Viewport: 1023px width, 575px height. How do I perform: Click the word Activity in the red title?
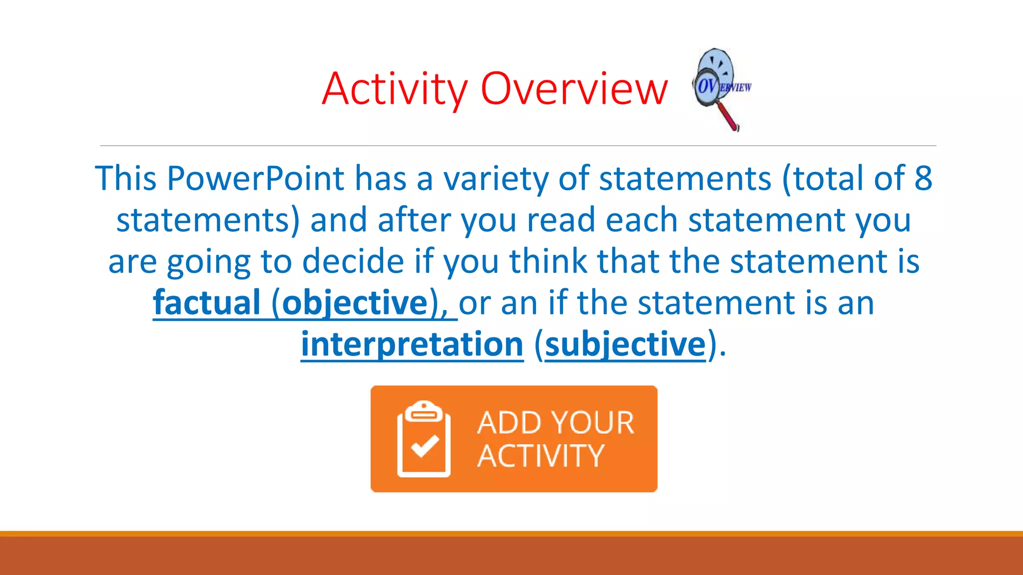click(x=395, y=90)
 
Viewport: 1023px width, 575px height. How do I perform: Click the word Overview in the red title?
click(x=574, y=90)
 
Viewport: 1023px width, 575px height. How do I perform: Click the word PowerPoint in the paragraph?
click(x=255, y=178)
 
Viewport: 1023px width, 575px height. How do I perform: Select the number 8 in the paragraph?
click(x=923, y=178)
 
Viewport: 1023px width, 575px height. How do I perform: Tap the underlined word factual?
click(x=207, y=302)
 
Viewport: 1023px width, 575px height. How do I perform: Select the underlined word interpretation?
click(x=412, y=344)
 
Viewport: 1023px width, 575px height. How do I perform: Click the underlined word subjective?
click(x=625, y=344)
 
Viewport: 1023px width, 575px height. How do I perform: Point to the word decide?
click(x=353, y=262)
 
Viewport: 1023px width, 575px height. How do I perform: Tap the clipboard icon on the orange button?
click(x=424, y=439)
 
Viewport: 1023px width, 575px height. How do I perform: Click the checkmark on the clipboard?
click(x=425, y=446)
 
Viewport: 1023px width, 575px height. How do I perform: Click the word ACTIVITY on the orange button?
click(x=540, y=456)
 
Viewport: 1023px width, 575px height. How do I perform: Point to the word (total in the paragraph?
click(x=822, y=178)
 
